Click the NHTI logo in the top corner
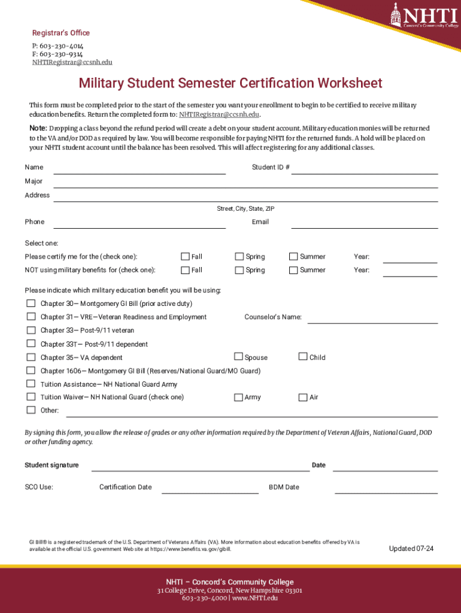[423, 15]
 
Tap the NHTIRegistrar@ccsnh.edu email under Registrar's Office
[72, 62]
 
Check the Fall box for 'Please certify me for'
[186, 257]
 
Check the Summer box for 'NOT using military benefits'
[293, 270]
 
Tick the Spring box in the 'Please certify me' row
[239, 257]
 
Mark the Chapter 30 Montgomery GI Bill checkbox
[31, 303]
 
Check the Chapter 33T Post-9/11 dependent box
[31, 344]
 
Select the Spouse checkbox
[238, 357]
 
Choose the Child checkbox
[303, 357]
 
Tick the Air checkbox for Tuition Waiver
[303, 397]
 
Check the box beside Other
[31, 410]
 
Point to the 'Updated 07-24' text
[411, 548]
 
